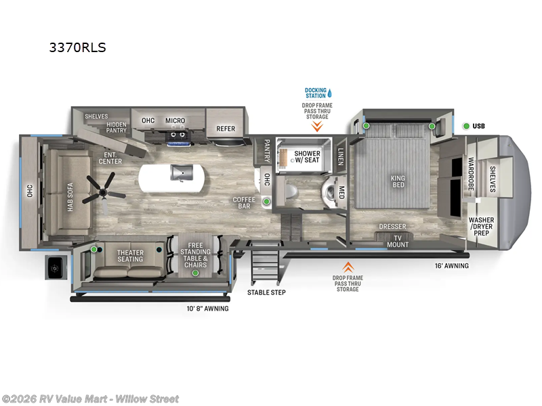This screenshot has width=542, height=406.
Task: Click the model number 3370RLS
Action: tap(78, 47)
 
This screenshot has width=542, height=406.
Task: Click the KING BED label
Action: tap(398, 181)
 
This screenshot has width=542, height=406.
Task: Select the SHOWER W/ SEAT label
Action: tap(307, 157)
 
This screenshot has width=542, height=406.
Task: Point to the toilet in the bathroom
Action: tap(289, 193)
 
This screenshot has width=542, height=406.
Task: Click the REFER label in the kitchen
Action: tap(226, 129)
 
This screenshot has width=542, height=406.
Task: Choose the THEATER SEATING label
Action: tap(130, 255)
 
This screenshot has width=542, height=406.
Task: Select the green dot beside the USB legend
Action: tap(466, 126)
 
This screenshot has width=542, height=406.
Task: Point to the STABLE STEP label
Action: tap(266, 292)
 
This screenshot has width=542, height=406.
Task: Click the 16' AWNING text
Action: tap(452, 266)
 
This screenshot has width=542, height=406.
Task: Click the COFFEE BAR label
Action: tap(244, 202)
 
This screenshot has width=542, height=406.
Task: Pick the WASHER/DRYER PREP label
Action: tap(482, 226)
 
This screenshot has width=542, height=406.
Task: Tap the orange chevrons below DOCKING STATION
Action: tap(316, 125)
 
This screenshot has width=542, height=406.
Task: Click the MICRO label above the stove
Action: tap(175, 120)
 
